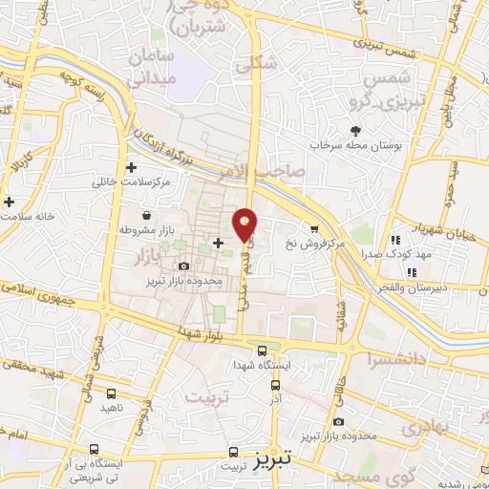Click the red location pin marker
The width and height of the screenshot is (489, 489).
[x=245, y=223]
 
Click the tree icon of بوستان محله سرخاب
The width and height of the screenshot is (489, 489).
[x=355, y=131]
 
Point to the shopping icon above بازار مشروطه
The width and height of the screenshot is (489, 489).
[x=145, y=215]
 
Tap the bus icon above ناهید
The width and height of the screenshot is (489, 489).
[x=112, y=393]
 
